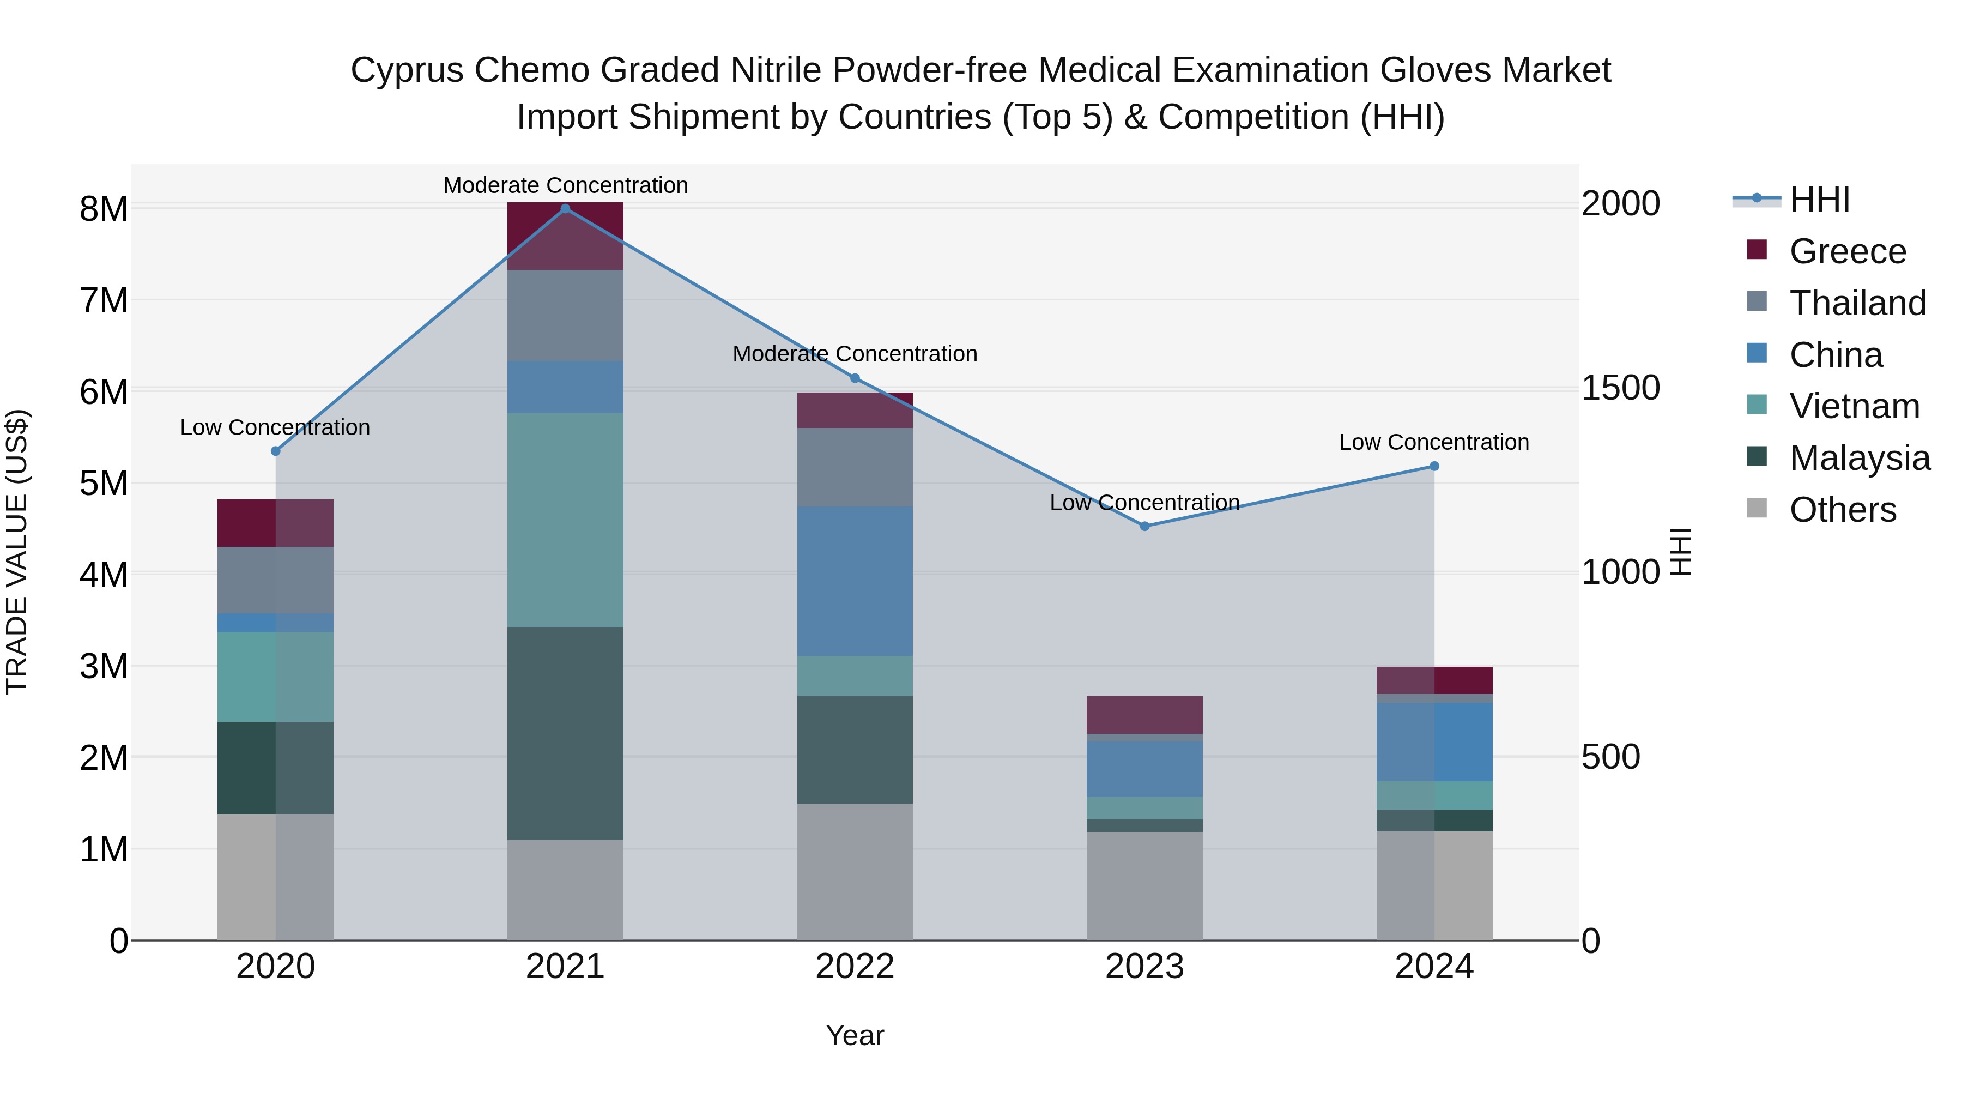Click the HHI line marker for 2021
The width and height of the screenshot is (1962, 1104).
tap(565, 209)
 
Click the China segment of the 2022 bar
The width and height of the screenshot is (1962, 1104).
tap(855, 581)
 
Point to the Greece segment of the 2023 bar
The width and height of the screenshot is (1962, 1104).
tap(1144, 715)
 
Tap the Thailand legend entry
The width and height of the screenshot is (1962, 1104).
tap(1857, 303)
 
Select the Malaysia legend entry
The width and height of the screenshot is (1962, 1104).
tap(1859, 458)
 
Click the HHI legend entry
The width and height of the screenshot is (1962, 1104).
tap(1819, 200)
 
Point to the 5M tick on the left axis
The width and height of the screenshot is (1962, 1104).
tap(104, 483)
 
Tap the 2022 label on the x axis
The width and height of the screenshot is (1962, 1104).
tap(855, 967)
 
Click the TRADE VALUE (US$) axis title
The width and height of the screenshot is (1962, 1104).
tap(17, 552)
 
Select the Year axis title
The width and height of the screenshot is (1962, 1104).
tap(855, 1035)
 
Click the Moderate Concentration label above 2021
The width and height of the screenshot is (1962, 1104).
tap(565, 185)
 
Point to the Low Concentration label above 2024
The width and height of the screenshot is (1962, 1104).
tap(1433, 442)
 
